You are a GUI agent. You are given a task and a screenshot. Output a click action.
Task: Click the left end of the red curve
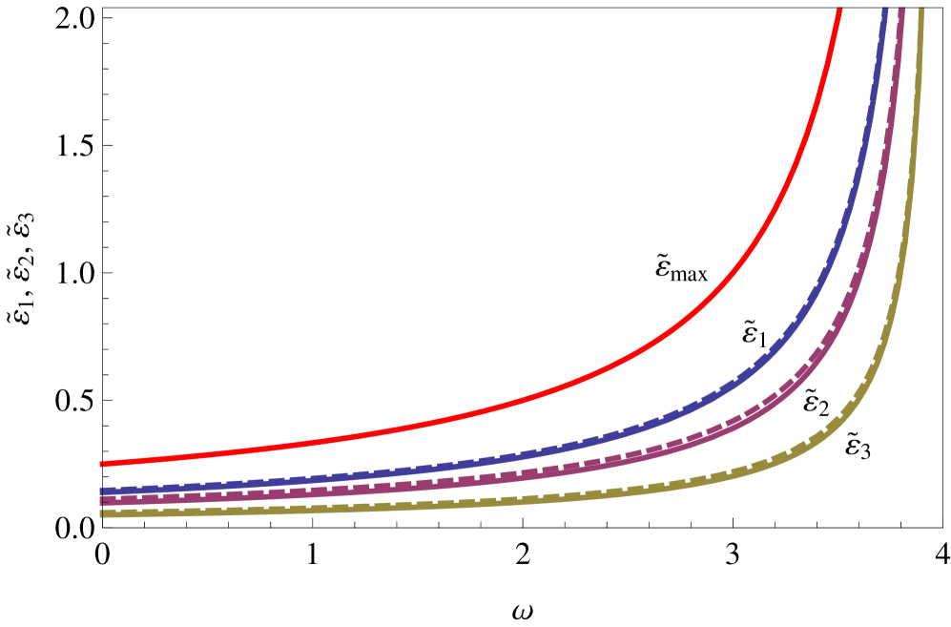[x=101, y=464]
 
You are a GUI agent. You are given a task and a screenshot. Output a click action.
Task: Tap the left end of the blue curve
[x=101, y=491]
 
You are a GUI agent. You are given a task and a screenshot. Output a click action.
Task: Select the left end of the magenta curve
[x=101, y=499]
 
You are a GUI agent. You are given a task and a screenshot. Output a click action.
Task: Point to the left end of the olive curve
[x=101, y=513]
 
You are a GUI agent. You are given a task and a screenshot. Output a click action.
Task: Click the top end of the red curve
[x=839, y=10]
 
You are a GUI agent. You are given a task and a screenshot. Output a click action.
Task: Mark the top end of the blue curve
[x=885, y=10]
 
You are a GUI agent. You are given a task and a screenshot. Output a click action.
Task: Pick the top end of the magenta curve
[x=902, y=10]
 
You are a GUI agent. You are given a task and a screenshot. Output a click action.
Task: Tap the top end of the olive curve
[x=921, y=10]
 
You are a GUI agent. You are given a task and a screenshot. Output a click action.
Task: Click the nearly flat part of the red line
[x=286, y=445]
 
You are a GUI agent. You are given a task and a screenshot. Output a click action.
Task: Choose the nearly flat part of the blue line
[x=286, y=480]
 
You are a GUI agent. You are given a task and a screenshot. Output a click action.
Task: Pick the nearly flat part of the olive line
[x=286, y=509]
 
